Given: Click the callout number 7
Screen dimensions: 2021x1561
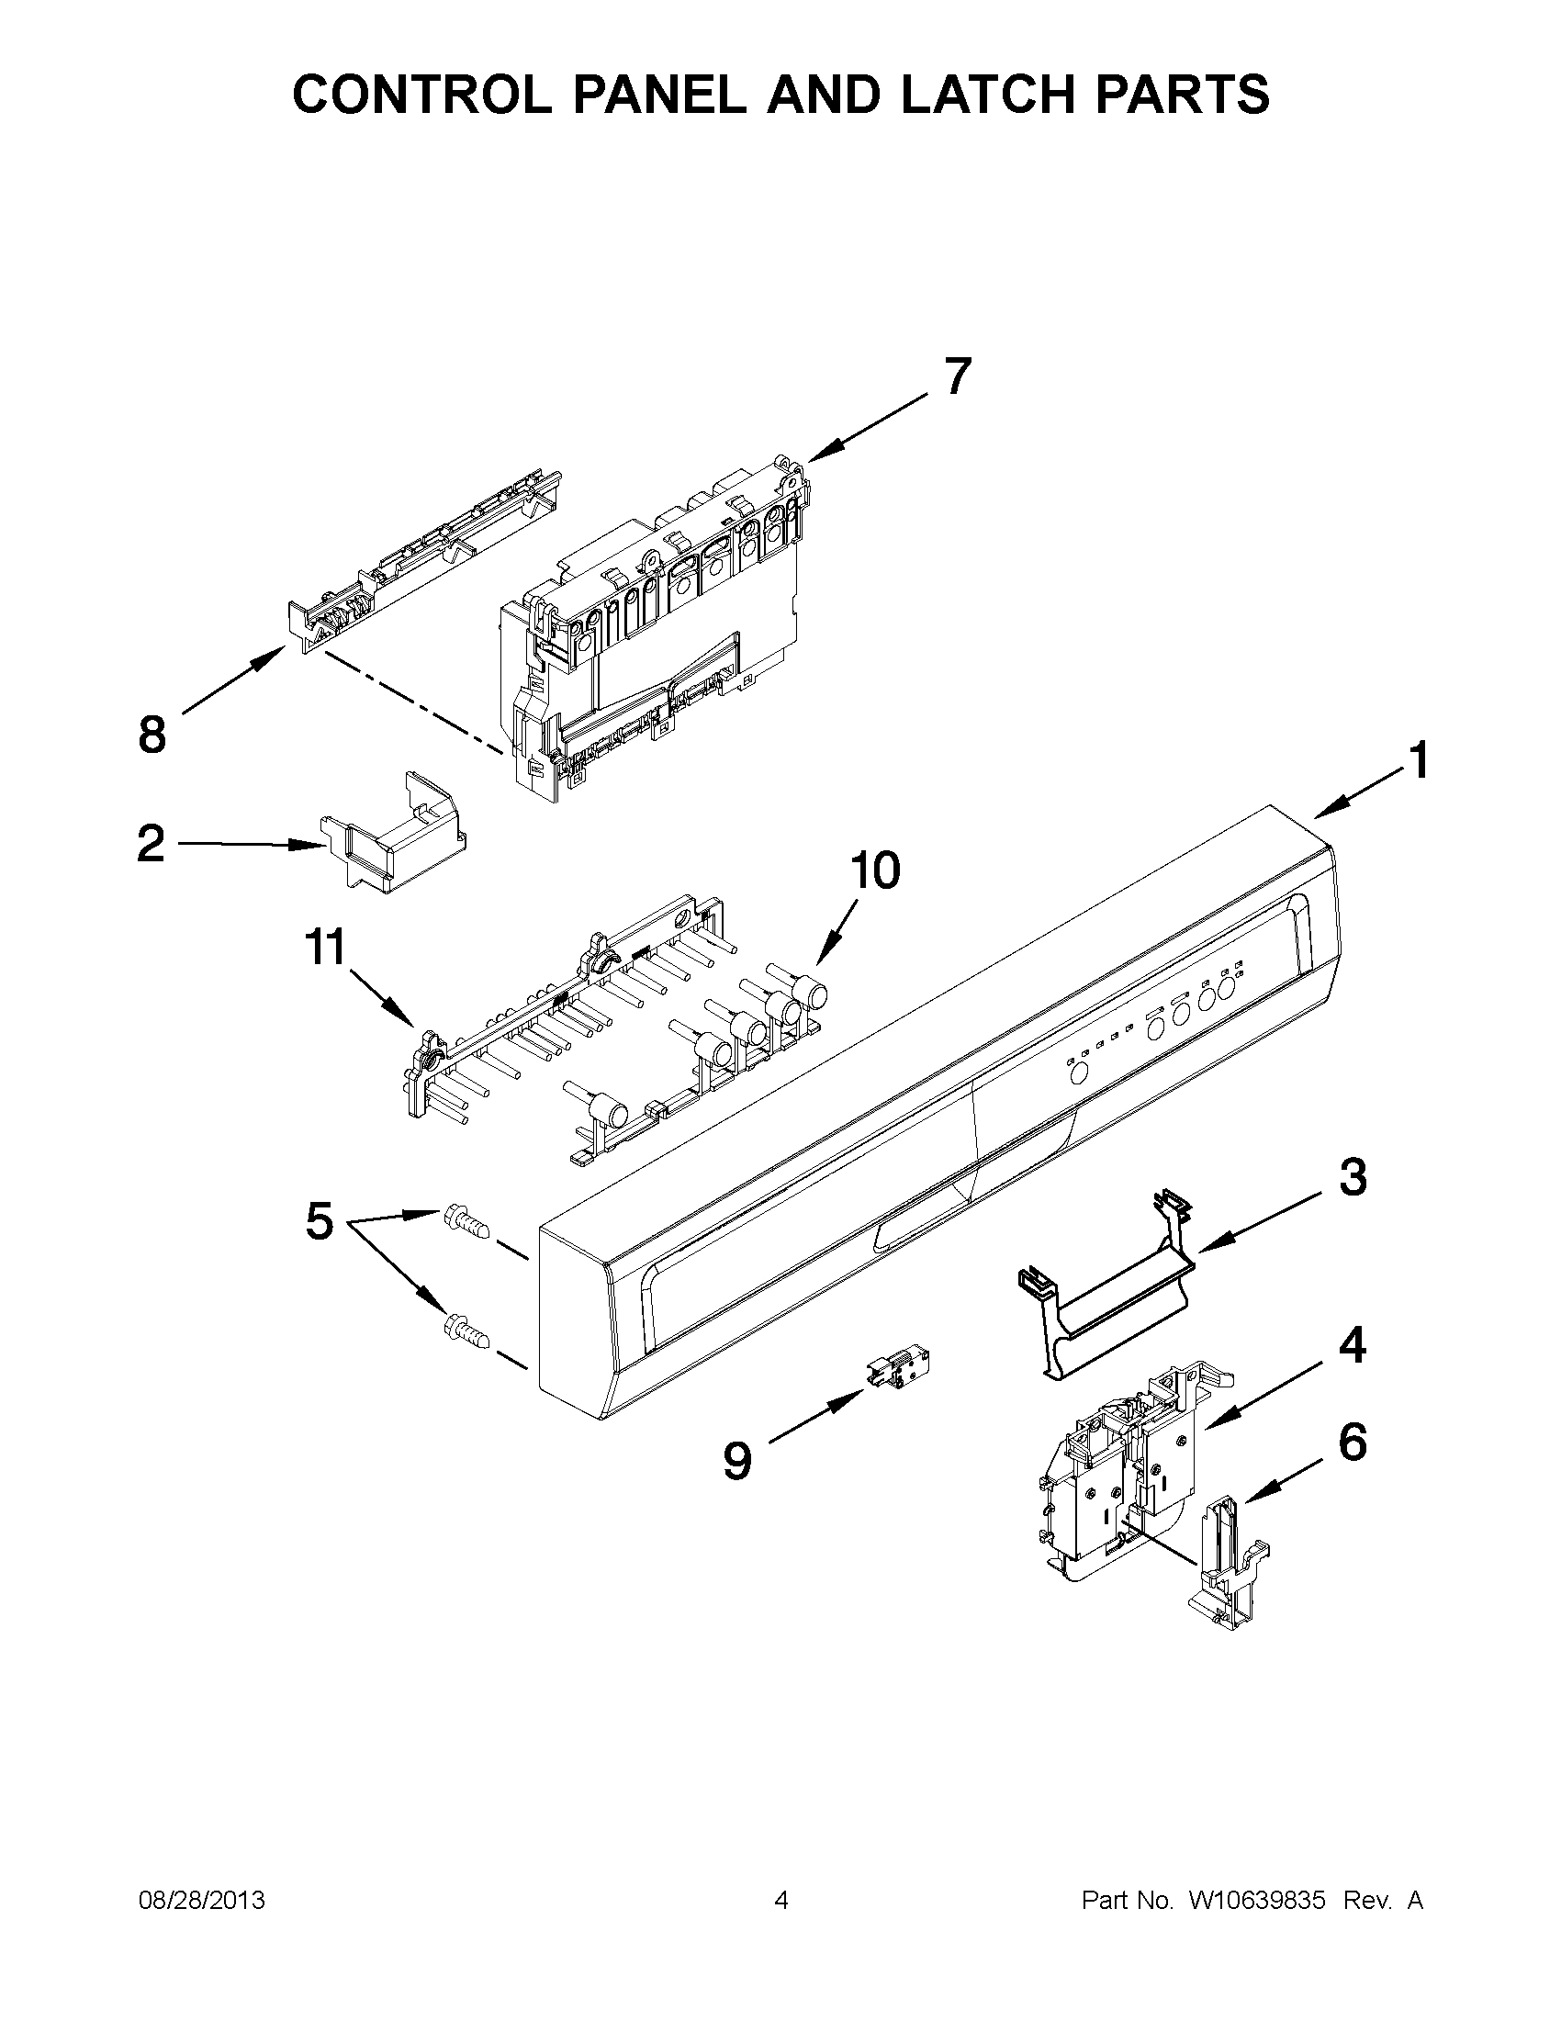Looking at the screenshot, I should pyautogui.click(x=958, y=376).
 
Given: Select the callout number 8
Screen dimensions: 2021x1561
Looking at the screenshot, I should pyautogui.click(x=152, y=735).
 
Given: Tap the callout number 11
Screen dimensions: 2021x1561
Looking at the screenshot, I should pyautogui.click(x=326, y=949).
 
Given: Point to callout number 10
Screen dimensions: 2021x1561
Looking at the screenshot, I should pyautogui.click(x=874, y=870).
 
